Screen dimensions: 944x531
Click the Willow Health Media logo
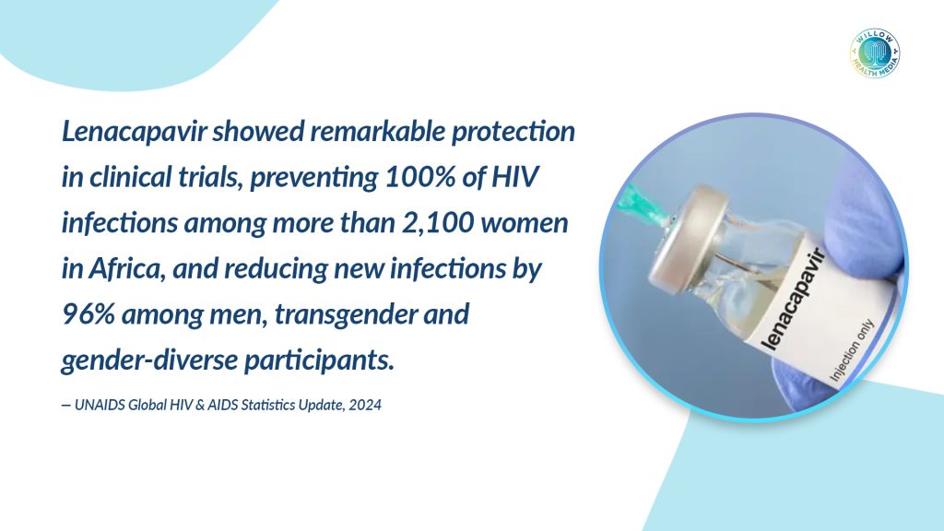(875, 53)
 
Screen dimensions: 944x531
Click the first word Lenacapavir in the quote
(134, 132)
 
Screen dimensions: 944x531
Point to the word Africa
(126, 268)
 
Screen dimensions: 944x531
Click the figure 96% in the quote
(88, 314)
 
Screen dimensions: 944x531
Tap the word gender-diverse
(149, 360)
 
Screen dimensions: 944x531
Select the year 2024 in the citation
(365, 406)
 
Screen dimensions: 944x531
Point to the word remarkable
(378, 131)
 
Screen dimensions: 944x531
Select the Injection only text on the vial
(851, 349)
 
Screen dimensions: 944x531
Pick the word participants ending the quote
(319, 360)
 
